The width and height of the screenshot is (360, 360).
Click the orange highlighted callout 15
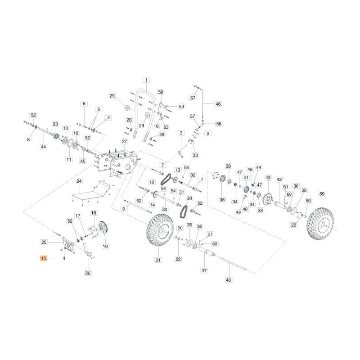[x=43, y=258]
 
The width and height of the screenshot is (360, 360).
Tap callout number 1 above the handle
[x=146, y=80]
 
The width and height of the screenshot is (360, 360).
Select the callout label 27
[x=125, y=142]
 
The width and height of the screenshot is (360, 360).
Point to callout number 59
[x=322, y=194]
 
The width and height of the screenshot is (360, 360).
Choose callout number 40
[x=229, y=280]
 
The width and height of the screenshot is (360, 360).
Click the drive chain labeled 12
[x=165, y=179]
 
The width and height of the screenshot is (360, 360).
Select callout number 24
[x=79, y=181]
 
